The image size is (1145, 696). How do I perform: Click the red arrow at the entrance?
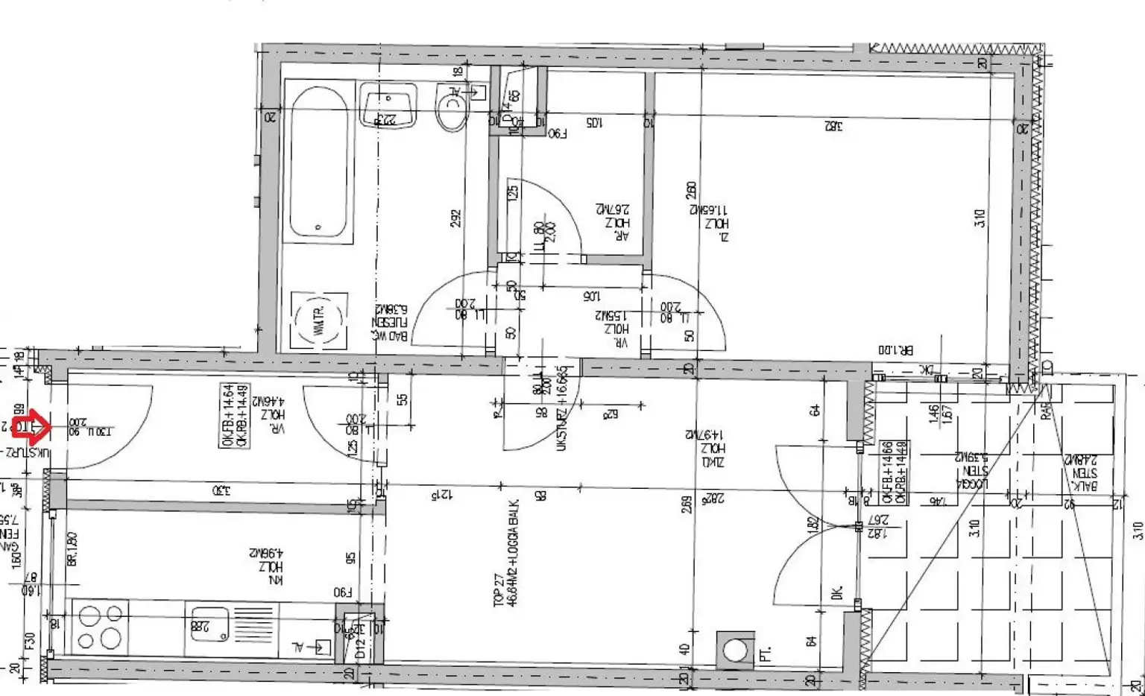point(31,428)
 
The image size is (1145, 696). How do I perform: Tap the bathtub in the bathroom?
point(318,162)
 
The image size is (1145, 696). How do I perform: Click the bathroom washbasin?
point(388,104)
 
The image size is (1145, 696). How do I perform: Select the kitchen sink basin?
point(210,624)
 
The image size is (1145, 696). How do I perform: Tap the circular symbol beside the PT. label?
point(735,651)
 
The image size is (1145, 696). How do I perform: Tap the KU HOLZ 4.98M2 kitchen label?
point(266,566)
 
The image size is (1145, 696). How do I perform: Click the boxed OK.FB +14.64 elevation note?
point(234,415)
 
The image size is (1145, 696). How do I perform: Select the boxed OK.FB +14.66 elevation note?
point(894,472)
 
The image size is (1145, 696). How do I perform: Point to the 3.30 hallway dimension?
point(221,490)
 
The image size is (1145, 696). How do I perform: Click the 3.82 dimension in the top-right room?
point(833,126)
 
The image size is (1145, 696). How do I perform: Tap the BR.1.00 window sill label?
point(895,349)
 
